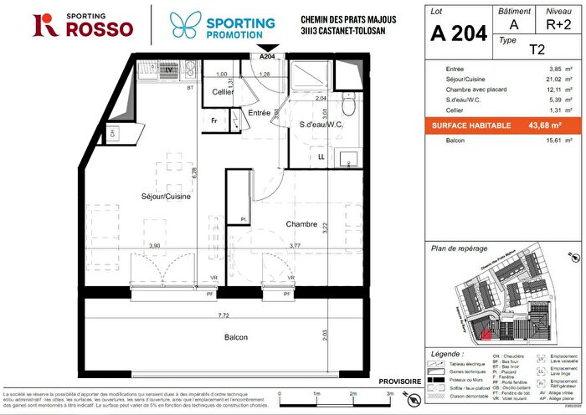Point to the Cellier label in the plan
click(222, 92)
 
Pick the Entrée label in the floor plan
click(259, 112)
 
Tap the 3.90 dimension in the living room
click(154, 245)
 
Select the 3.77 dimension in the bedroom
click(295, 245)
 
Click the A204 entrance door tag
click(267, 57)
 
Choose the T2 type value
click(529, 49)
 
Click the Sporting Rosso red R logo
click(44, 25)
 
